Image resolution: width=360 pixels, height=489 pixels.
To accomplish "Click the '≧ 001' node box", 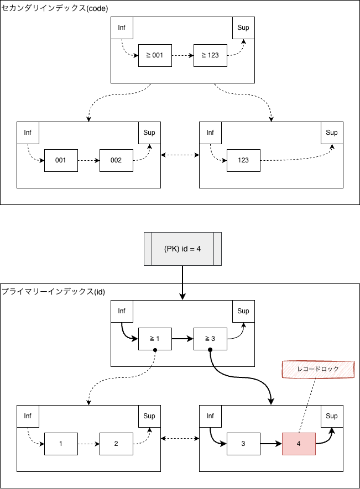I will (155, 55).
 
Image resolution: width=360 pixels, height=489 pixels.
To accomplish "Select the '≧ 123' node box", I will (210, 55).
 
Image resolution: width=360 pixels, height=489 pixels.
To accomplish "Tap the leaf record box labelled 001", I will (61, 160).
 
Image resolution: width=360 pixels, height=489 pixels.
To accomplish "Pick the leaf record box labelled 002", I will (116, 160).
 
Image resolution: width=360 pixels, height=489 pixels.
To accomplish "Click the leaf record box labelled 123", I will (243, 160).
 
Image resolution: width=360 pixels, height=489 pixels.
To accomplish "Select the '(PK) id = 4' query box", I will (182, 249).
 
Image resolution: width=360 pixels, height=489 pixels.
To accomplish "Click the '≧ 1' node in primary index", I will (155, 339).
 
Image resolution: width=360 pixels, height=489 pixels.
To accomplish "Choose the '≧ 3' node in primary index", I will (210, 339).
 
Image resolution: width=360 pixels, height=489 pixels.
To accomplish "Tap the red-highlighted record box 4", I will (299, 444).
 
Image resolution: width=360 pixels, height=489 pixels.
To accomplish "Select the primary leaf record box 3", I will (243, 444).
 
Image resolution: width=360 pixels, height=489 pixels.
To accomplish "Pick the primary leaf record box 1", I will (61, 444).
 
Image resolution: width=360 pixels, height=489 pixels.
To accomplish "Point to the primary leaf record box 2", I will (116, 444).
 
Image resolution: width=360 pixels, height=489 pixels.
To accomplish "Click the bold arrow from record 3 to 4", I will (271, 444).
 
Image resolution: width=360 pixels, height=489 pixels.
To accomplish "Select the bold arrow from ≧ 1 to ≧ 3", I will (182, 339).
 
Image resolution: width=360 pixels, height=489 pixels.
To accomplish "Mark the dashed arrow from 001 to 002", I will (88, 160).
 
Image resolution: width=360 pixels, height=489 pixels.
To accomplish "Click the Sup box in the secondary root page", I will (243, 28).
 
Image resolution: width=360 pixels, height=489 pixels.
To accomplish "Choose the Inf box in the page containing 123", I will (210, 133).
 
